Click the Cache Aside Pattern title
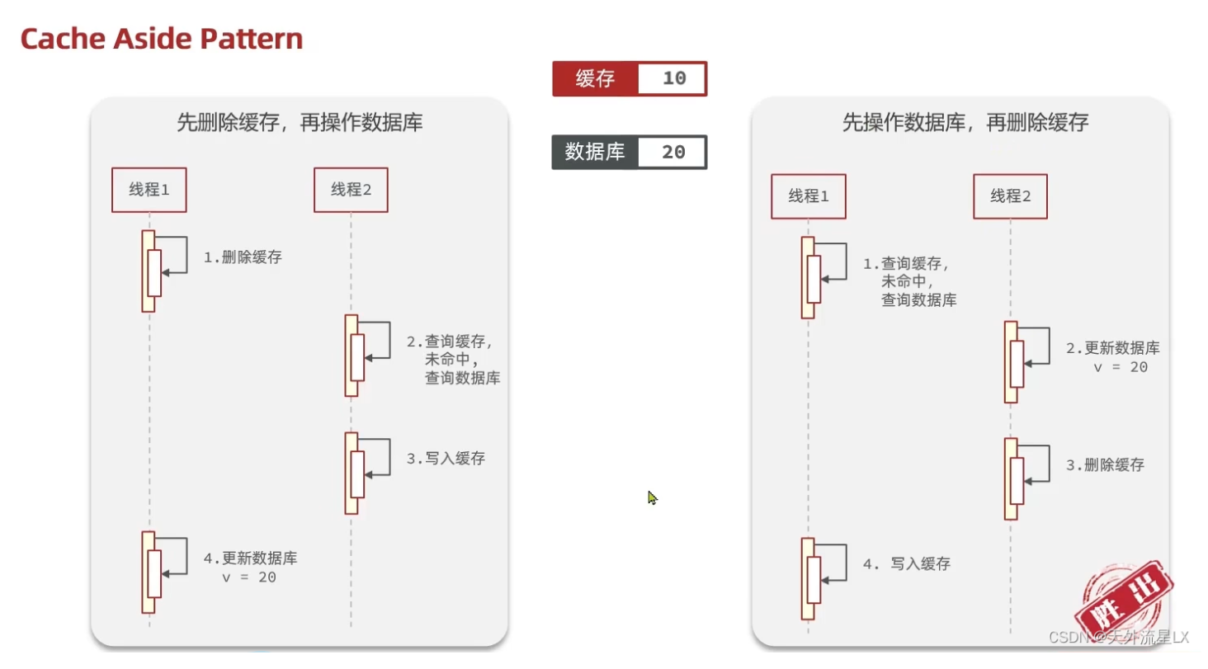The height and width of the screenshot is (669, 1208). [x=162, y=38]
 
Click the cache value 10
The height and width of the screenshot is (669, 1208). [x=673, y=79]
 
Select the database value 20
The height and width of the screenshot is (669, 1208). [x=673, y=152]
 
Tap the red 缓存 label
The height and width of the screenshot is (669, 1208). [x=596, y=79]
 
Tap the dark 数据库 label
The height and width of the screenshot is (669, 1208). [x=595, y=152]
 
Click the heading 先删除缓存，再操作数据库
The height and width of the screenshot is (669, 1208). [x=300, y=124]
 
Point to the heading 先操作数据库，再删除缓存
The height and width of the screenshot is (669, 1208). [x=965, y=124]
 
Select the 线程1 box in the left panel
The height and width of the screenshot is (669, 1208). [x=149, y=190]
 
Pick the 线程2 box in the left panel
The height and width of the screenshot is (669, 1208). [x=351, y=190]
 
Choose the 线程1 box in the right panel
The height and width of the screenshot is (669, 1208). [x=808, y=196]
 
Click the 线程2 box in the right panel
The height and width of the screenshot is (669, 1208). [x=1010, y=196]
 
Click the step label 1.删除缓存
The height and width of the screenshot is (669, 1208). [x=243, y=257]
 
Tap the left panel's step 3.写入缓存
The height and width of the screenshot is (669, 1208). [x=446, y=459]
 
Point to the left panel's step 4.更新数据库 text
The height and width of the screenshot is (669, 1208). [x=250, y=568]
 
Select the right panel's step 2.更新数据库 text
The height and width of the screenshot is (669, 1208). [x=1112, y=357]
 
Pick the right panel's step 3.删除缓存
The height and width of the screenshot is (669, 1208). [x=1105, y=465]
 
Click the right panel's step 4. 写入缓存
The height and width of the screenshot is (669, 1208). [x=907, y=564]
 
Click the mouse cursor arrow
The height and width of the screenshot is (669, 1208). [x=652, y=497]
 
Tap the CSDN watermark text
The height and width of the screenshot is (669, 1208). [x=1118, y=638]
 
